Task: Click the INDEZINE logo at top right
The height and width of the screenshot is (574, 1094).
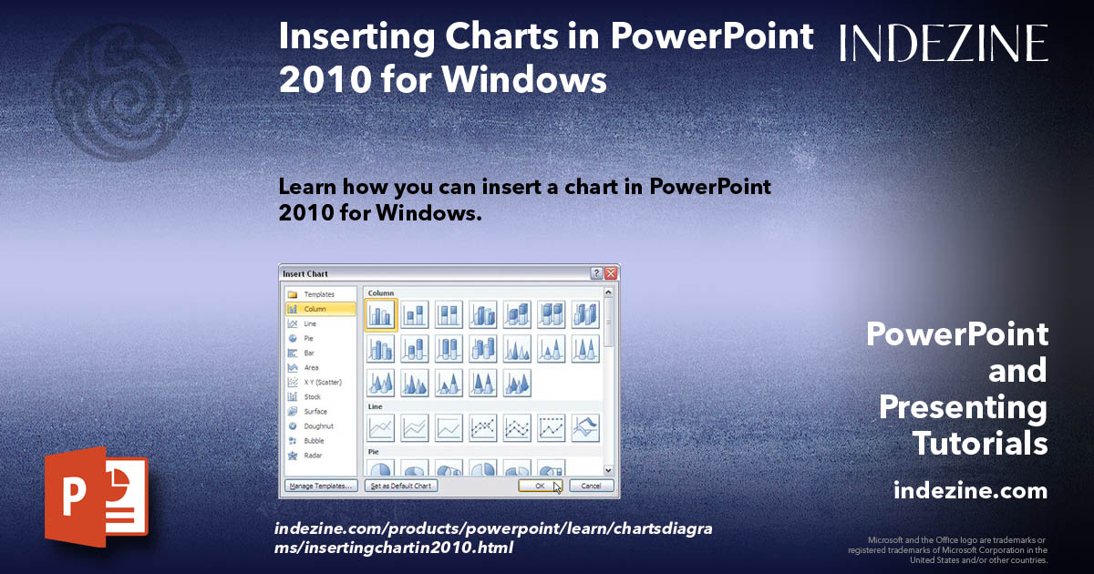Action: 944,43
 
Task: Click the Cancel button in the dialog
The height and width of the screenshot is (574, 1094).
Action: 591,486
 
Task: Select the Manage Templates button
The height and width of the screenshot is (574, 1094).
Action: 320,486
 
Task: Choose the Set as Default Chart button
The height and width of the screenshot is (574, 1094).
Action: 401,486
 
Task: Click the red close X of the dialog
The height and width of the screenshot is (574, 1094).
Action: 611,273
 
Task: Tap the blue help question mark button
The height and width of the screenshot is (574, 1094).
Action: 596,273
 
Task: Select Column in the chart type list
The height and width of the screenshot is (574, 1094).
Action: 315,309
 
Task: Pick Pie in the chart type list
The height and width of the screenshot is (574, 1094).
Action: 309,338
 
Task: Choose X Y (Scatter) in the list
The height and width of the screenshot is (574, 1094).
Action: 324,382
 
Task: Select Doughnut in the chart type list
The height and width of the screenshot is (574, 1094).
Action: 318,425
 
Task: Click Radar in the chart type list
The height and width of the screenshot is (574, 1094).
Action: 313,455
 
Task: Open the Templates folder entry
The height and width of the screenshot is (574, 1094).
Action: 319,294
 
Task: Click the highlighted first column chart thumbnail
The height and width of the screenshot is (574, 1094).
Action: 380,314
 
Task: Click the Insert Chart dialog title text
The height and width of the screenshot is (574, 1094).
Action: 305,273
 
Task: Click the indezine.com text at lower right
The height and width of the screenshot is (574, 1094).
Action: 970,491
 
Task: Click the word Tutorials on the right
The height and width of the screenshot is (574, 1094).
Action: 980,444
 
